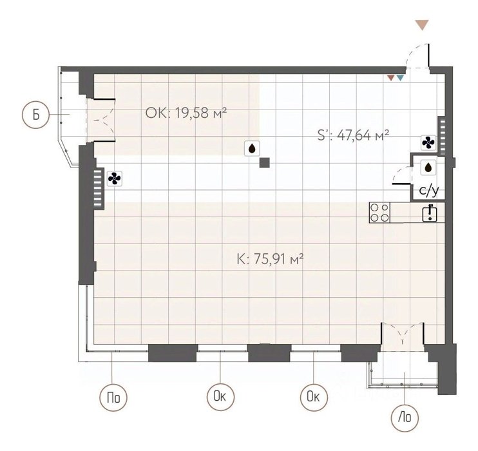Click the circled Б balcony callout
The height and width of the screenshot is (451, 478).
pyautogui.click(x=35, y=115)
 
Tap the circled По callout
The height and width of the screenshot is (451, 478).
pyautogui.click(x=113, y=398)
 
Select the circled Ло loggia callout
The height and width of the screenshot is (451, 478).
pyautogui.click(x=405, y=417)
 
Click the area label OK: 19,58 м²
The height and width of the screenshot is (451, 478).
pyautogui.click(x=186, y=113)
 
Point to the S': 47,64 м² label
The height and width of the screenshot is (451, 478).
pyautogui.click(x=353, y=135)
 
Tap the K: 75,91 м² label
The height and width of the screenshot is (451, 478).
pyautogui.click(x=270, y=260)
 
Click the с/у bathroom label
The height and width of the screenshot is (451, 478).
pyautogui.click(x=429, y=191)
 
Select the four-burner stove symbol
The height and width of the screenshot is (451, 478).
pyautogui.click(x=380, y=213)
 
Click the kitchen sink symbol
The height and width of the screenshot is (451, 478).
pyautogui.click(x=430, y=213)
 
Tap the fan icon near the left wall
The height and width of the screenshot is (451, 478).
pyautogui.click(x=115, y=178)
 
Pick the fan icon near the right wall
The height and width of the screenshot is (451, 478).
pyautogui.click(x=428, y=142)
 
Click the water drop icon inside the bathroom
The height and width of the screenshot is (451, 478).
pyautogui.click(x=428, y=167)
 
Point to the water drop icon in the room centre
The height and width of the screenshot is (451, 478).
pyautogui.click(x=252, y=148)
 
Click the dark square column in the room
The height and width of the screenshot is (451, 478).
pyautogui.click(x=264, y=163)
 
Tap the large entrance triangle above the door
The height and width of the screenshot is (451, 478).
pyautogui.click(x=422, y=25)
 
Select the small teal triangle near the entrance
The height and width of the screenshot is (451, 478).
pyautogui.click(x=400, y=78)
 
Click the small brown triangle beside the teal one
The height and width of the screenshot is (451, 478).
pyautogui.click(x=391, y=78)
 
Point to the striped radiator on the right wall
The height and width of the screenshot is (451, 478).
pyautogui.click(x=443, y=135)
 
